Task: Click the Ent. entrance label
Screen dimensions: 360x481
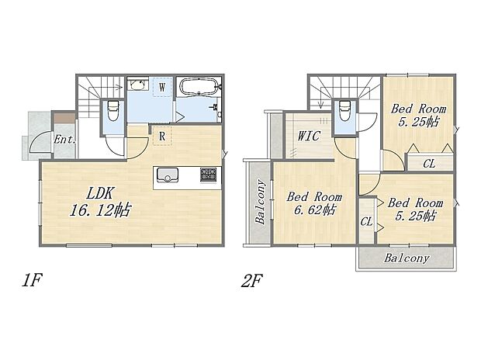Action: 64,140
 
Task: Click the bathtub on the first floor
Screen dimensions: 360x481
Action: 198,87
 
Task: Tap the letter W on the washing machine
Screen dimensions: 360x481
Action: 161,88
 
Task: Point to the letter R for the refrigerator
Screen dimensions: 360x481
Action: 161,136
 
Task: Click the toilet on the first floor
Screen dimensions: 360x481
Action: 113,112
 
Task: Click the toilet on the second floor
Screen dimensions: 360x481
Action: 344,113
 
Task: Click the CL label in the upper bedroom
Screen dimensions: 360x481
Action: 428,163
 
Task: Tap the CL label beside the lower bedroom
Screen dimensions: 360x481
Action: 365,222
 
